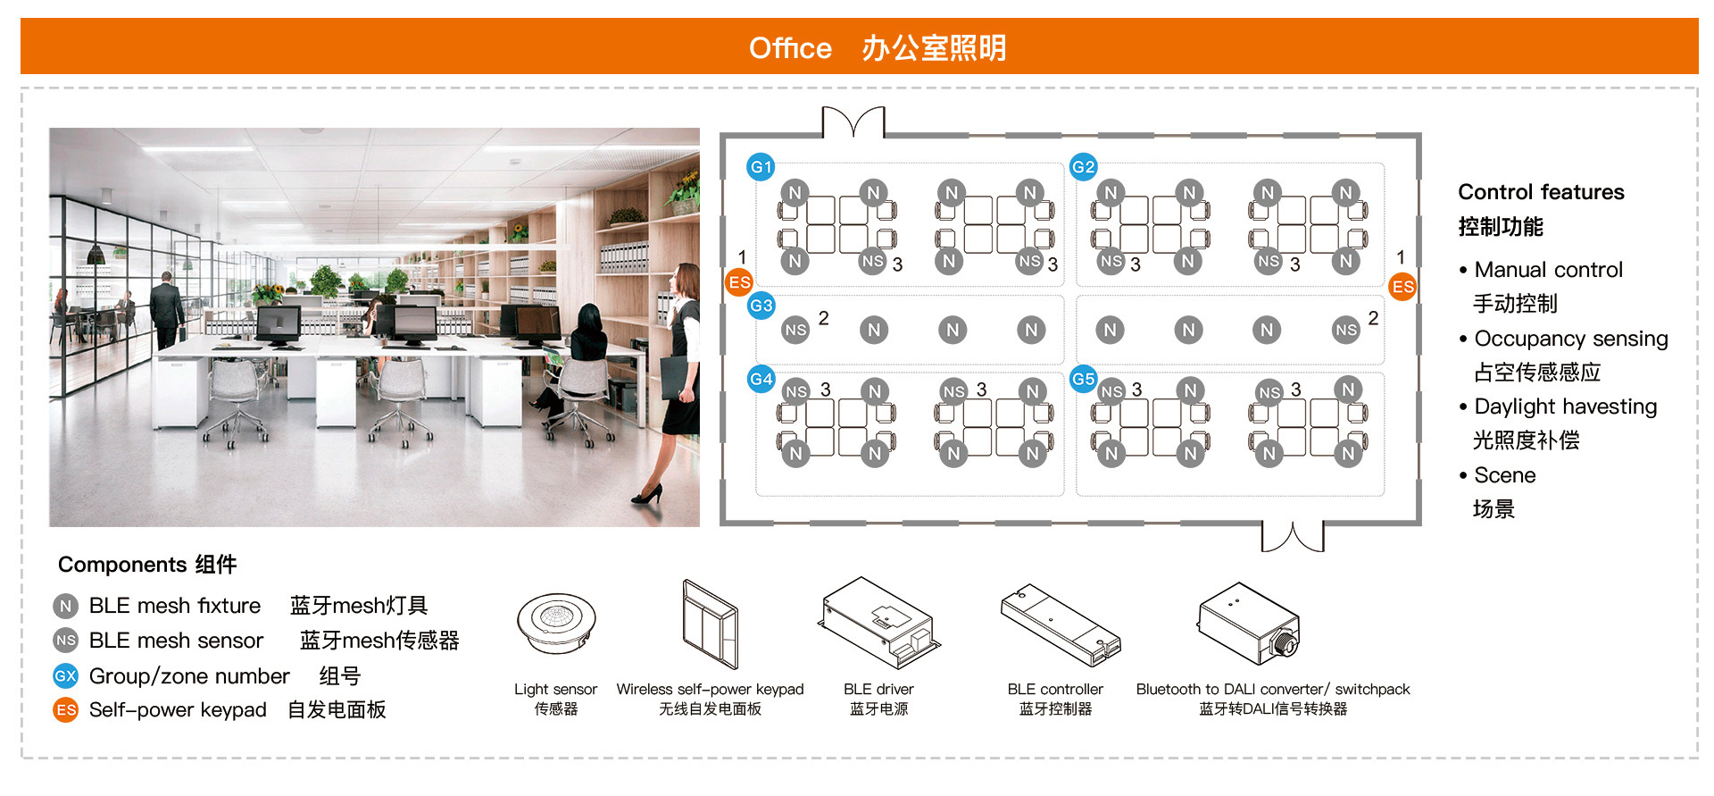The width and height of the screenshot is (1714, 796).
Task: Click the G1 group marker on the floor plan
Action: [761, 167]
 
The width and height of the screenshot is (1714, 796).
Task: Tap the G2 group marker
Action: [1083, 167]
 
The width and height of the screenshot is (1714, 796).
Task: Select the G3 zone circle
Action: [761, 306]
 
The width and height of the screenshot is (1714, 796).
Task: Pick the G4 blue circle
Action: [761, 379]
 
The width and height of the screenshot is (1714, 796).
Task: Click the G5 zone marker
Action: [1083, 379]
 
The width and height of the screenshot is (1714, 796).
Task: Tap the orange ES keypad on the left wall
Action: [739, 283]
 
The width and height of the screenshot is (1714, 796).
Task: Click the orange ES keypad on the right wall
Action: [1402, 287]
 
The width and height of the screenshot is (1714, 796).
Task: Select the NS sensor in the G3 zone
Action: [795, 331]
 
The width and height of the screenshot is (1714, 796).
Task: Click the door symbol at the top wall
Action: [853, 122]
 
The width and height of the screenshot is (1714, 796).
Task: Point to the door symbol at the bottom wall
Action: [1292, 536]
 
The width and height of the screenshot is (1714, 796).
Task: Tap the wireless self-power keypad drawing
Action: [710, 624]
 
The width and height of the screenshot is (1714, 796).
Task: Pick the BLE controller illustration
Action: [1060, 625]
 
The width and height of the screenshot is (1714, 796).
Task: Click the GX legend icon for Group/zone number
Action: [66, 676]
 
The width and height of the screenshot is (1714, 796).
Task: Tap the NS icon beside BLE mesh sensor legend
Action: [66, 641]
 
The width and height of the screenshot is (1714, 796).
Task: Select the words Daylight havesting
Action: [1565, 406]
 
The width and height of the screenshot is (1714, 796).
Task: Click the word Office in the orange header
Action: [790, 47]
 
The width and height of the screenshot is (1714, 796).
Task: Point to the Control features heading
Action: [1541, 192]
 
